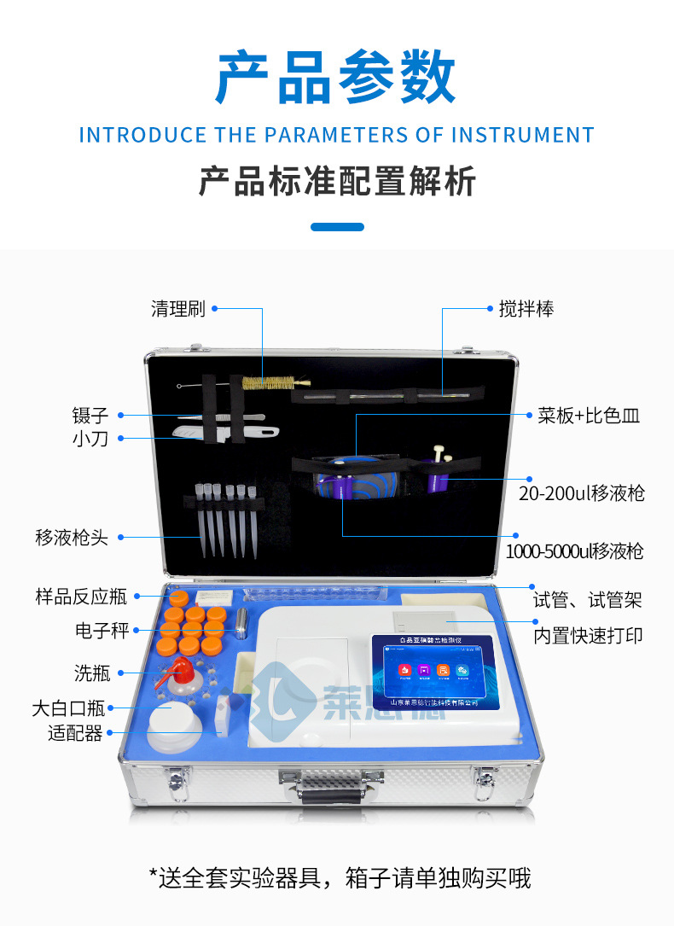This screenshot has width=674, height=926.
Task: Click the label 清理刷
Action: click(x=178, y=309)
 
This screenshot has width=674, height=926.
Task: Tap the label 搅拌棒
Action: click(x=526, y=309)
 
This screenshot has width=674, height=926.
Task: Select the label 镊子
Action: click(x=90, y=416)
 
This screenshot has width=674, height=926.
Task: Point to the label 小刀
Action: click(x=90, y=440)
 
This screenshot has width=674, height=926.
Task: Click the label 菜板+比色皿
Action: click(x=589, y=416)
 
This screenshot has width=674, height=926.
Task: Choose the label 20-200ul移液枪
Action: click(x=582, y=493)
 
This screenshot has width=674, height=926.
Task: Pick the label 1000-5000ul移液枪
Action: click(x=574, y=551)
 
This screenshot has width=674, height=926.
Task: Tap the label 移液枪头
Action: click(x=72, y=538)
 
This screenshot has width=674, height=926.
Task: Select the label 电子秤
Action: click(x=102, y=631)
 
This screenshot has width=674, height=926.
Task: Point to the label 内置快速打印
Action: click(x=588, y=636)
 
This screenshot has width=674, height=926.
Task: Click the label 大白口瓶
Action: click(x=68, y=708)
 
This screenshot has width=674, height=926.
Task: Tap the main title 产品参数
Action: click(x=336, y=78)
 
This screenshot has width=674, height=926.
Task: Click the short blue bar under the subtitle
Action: click(x=337, y=227)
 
